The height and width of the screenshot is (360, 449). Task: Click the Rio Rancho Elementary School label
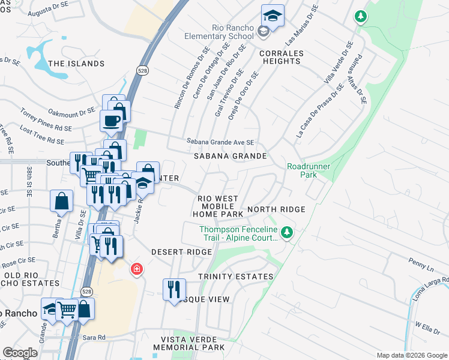(x=234, y=32)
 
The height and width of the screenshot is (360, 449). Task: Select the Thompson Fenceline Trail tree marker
(x=288, y=232)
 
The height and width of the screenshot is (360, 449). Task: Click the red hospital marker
(x=137, y=268)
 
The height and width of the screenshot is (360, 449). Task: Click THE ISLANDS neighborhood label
(x=76, y=64)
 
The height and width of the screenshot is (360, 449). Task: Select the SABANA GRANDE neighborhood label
(x=230, y=156)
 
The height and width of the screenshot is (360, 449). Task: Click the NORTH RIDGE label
(x=276, y=209)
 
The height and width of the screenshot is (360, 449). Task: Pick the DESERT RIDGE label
(x=182, y=253)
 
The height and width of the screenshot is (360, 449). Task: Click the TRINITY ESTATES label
(x=236, y=277)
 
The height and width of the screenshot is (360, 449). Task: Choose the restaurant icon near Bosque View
(x=174, y=289)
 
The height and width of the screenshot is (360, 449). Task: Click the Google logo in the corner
(x=20, y=353)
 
